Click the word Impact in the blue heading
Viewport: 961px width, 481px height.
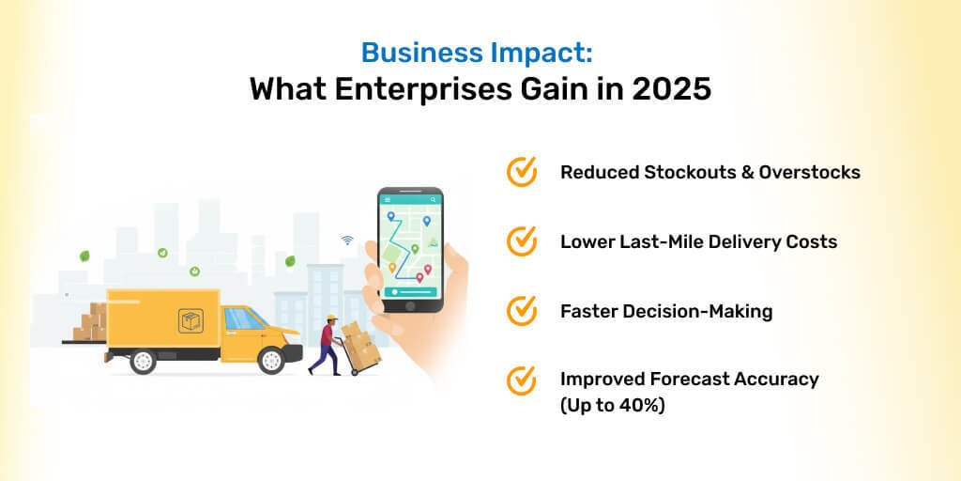coord(541,53)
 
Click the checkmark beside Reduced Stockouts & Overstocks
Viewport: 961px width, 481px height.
coord(522,172)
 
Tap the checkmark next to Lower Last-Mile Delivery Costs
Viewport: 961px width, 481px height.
coord(522,241)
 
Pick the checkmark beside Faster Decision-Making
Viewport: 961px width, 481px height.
coord(522,311)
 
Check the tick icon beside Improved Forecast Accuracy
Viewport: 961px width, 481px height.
coord(522,380)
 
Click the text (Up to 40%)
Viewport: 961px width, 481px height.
coord(612,406)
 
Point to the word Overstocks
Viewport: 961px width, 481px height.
coord(810,173)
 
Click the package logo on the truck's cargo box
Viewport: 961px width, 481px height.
coord(191,321)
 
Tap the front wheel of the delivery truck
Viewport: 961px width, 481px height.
coord(271,360)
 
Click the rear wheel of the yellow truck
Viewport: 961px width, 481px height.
coord(144,360)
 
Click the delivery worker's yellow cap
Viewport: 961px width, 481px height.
coord(331,318)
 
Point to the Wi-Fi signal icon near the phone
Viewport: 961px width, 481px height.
coord(347,240)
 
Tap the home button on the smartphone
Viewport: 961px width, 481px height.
coord(410,305)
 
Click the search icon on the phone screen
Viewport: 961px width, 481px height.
coord(434,199)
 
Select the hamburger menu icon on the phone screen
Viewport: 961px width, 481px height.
coord(388,199)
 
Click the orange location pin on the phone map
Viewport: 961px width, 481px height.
coord(392,268)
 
